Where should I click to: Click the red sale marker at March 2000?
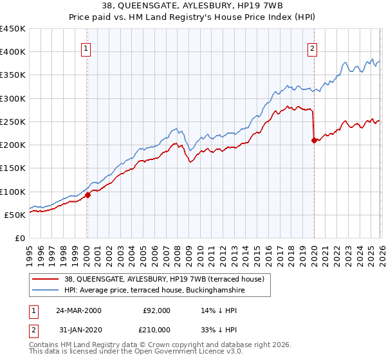pos(87,195)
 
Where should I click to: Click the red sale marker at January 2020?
pos(314,141)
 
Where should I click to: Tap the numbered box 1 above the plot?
pos(86,47)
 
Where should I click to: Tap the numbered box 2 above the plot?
pos(313,47)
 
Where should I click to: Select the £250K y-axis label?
pos(13,122)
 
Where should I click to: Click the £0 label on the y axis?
pos(19,238)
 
